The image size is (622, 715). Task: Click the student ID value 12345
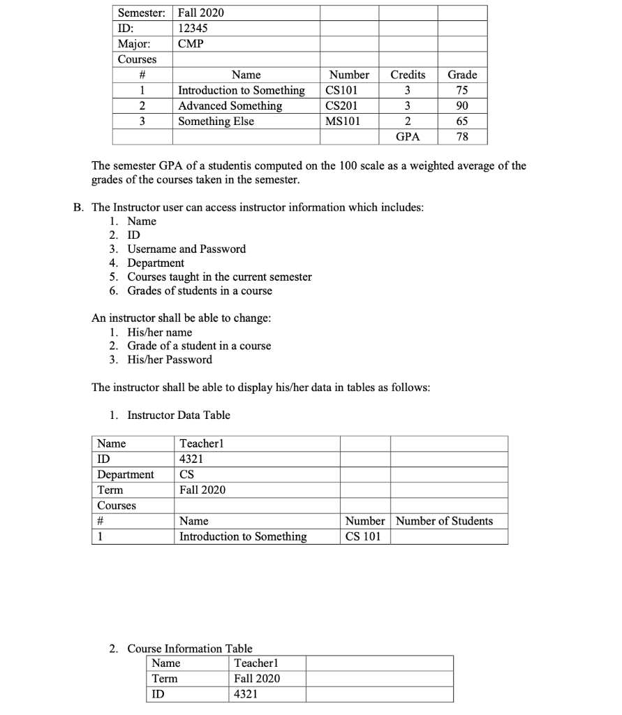point(193,29)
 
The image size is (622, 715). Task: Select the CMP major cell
point(191,44)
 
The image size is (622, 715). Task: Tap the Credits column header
point(408,75)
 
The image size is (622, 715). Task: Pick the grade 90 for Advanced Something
point(462,106)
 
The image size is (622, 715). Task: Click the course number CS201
point(342,106)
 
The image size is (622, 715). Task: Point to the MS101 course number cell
point(343,121)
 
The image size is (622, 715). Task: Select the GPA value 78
point(462,137)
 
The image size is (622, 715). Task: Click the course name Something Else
point(216,121)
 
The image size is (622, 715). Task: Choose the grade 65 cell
point(462,121)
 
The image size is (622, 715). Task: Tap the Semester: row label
point(142,13)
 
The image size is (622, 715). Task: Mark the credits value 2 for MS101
point(408,121)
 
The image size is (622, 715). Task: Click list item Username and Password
point(186,249)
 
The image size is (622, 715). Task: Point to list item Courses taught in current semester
point(219,277)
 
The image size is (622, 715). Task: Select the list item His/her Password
point(170,360)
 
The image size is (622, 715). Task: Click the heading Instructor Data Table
point(178,415)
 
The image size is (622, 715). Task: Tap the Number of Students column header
point(444,522)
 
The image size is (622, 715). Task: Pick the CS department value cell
point(187,475)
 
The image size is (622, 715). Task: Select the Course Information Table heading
point(190,649)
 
